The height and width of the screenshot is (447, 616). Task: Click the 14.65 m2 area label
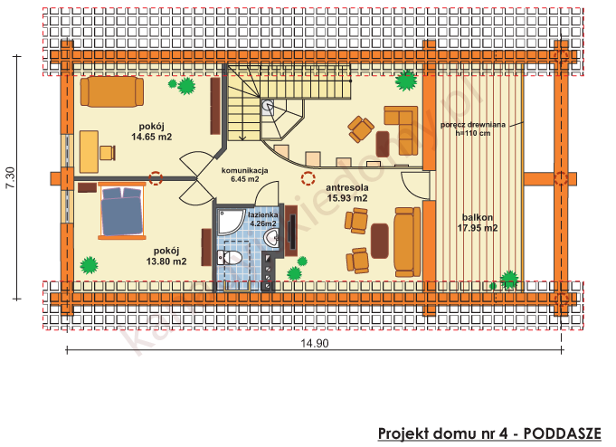tap(151, 138)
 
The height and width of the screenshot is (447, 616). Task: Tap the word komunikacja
tap(244, 169)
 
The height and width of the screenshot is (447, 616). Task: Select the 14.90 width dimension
tap(314, 343)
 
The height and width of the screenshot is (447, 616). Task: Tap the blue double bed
tap(122, 212)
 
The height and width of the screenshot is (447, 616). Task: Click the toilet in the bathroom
tap(232, 259)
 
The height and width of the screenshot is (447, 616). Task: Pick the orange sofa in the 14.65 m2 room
tap(111, 91)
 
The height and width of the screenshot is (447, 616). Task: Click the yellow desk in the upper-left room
tap(89, 151)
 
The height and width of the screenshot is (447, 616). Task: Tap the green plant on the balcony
tap(510, 279)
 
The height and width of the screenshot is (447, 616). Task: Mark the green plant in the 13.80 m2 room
tap(89, 265)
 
